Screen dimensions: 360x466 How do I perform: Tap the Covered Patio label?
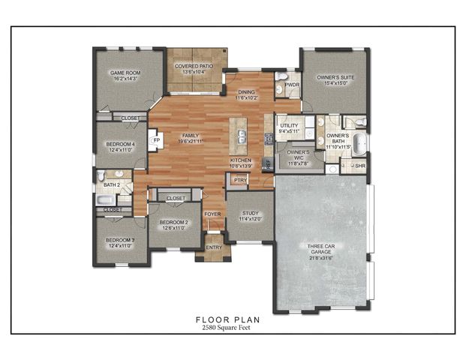tap(194, 67)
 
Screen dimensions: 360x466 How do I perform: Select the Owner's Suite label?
tap(335, 78)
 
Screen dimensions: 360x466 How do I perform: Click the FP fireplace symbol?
tap(157, 139)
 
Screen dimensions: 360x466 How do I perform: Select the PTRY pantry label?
tap(240, 180)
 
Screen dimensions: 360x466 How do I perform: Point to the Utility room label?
tap(290, 127)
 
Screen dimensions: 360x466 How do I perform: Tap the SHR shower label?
tap(360, 166)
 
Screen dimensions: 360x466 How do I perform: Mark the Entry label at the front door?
tap(214, 247)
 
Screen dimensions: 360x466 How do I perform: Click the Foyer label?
tap(213, 214)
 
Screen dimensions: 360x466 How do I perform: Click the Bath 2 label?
tap(112, 184)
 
